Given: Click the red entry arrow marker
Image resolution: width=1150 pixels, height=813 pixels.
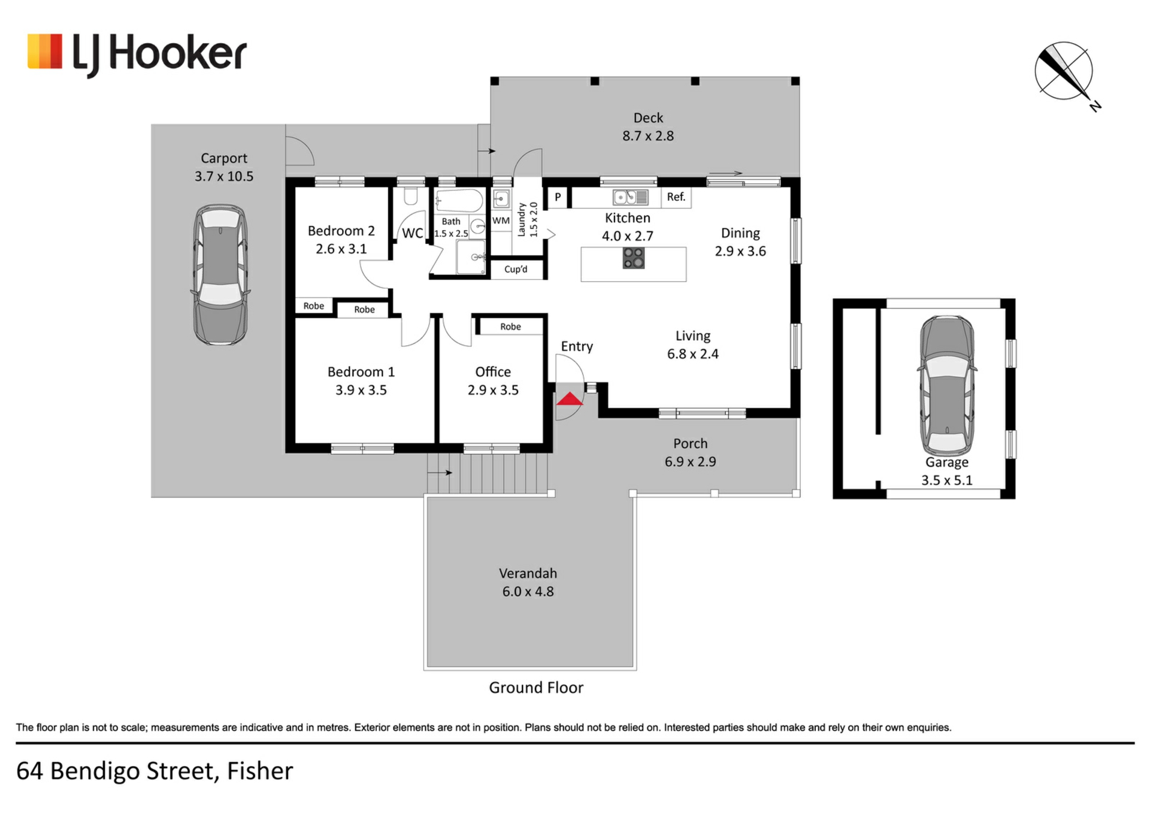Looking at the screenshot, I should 569,399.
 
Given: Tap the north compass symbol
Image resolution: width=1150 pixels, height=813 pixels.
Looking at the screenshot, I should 1064,71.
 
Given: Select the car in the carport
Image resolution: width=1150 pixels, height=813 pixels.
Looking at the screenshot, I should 220,275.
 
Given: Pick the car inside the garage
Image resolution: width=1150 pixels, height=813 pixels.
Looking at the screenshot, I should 947,386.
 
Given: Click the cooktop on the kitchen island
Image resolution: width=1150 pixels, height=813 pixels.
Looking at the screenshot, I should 633,258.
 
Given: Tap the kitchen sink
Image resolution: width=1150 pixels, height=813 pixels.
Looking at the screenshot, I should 630,197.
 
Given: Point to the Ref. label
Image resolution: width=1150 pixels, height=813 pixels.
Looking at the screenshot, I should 676,197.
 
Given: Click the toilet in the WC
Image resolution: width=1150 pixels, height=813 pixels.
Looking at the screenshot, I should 410,197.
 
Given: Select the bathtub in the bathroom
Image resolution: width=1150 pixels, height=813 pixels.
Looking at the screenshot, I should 459,201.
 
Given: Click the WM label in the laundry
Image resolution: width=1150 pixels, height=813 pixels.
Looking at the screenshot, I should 501,220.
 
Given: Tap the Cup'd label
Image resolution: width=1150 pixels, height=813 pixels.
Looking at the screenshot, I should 516,270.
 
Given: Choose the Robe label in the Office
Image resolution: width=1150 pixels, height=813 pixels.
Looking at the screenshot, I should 510,327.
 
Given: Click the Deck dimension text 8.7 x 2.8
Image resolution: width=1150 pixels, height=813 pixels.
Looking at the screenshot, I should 647,136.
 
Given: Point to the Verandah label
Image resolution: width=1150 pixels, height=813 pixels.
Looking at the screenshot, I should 528,573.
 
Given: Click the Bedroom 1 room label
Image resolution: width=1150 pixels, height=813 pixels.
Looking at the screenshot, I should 361,372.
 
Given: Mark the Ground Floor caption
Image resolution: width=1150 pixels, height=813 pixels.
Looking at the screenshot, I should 535,688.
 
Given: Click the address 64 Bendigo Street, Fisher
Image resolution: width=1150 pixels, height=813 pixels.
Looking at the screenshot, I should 155,771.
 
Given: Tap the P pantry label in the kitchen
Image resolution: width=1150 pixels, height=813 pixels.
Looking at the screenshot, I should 558,197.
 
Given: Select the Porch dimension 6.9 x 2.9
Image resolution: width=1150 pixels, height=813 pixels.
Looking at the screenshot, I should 690,462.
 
